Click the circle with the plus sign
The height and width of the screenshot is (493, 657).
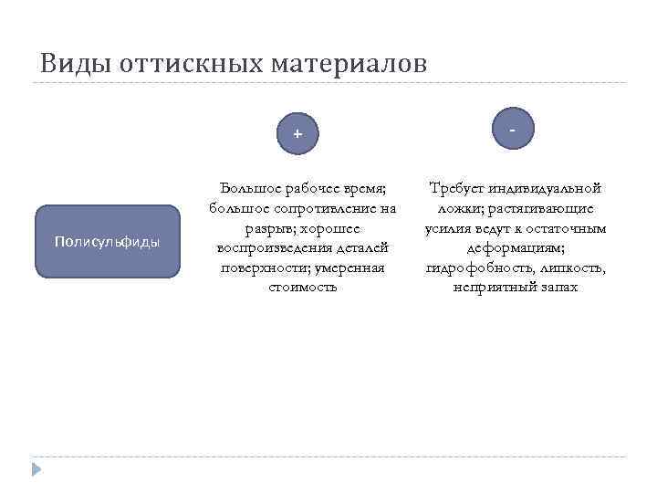point(297,134)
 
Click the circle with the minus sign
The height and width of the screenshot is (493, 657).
point(513,131)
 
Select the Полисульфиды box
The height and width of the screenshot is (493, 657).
point(108,242)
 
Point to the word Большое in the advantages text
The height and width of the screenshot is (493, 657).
point(252,188)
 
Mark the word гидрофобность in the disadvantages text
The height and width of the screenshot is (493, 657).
point(471,267)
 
